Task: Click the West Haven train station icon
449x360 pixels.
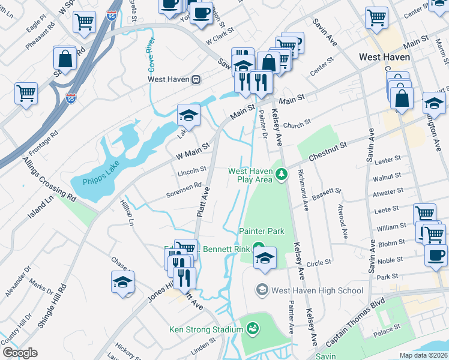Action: [196, 79]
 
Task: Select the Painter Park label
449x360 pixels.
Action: [261, 231]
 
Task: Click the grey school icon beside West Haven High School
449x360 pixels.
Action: [262, 290]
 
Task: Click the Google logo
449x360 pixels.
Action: [20, 353]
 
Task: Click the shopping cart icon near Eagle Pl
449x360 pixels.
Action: [84, 22]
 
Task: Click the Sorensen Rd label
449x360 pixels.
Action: [184, 190]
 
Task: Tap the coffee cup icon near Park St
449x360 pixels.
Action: [435, 255]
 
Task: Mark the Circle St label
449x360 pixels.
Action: [319, 263]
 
